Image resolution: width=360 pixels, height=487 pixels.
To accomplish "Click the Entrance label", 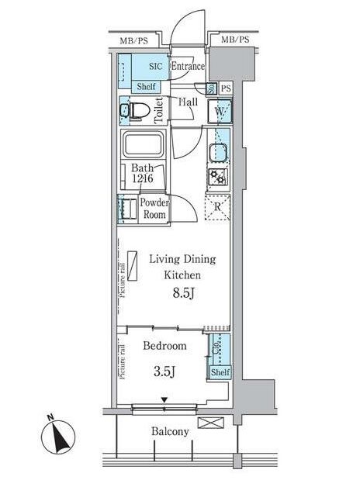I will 187,67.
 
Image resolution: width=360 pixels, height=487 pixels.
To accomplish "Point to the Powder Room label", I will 153,209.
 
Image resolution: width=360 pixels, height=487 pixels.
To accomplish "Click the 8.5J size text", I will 182,294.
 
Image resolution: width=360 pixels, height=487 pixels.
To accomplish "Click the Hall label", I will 187,102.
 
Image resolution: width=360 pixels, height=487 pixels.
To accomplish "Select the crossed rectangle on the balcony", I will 209,423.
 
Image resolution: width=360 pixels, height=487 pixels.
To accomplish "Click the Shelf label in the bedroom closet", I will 220,372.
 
